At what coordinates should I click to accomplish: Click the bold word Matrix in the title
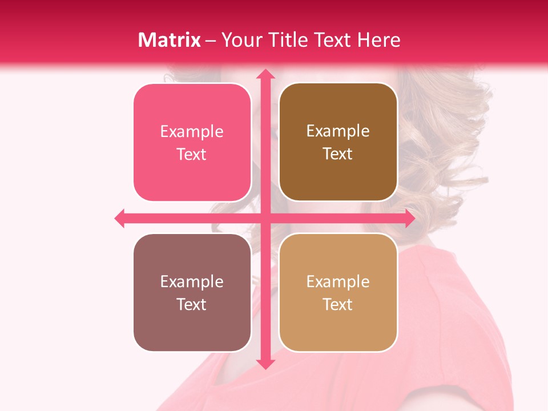tap(170, 40)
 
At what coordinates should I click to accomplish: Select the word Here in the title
tap(378, 40)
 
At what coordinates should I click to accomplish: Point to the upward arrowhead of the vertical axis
tap(265, 74)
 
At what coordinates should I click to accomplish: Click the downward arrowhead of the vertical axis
tap(265, 364)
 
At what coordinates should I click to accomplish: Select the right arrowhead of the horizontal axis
tap(410, 218)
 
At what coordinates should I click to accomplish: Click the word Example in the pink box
tap(192, 132)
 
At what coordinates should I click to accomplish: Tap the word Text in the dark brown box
tap(338, 154)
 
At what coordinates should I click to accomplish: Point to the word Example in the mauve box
tap(192, 282)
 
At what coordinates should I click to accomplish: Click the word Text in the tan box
tap(338, 304)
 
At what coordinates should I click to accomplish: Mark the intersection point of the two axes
tap(265, 218)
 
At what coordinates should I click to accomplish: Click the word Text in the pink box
tap(192, 155)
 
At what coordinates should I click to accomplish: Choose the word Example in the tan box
tap(338, 282)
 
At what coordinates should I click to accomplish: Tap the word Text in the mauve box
tap(192, 304)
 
